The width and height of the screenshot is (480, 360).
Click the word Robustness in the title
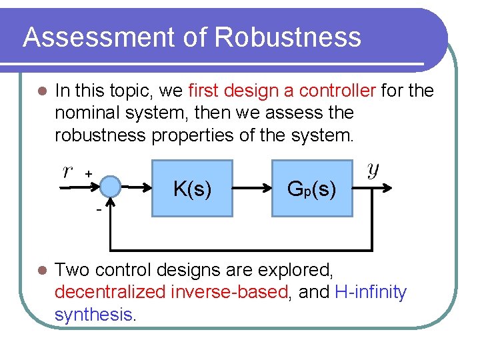287,37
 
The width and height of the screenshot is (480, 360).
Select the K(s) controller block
192,189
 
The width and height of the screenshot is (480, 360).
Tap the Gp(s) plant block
311,189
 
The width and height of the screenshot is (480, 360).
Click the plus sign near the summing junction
88,173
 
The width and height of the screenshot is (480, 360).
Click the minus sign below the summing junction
98,209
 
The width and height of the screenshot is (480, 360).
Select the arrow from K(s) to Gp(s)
252,189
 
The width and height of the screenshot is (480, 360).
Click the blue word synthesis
93,314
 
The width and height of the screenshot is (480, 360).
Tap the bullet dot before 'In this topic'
41,91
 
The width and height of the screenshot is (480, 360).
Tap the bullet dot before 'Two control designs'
41,271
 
